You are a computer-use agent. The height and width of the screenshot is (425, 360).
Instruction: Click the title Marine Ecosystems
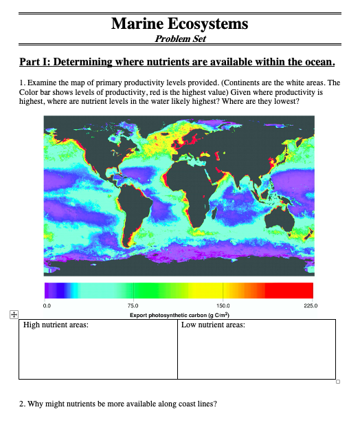tap(179, 24)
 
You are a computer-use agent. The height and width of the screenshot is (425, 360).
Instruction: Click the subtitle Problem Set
tap(179, 39)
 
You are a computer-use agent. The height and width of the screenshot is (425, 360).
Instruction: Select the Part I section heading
tap(177, 63)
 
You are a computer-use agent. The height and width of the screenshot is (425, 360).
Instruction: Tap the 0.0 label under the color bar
tap(47, 304)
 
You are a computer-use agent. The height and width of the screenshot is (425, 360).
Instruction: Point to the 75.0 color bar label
tap(133, 304)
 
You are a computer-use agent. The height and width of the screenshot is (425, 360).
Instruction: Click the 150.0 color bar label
tap(223, 304)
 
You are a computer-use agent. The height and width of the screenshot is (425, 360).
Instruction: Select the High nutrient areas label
tap(56, 325)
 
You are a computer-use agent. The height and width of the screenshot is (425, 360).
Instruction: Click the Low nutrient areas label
tap(213, 325)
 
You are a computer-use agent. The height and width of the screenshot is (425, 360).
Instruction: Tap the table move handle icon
tap(13, 314)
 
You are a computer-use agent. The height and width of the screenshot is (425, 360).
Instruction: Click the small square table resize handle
tap(338, 381)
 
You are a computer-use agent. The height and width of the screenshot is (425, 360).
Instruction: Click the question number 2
tap(21, 404)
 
